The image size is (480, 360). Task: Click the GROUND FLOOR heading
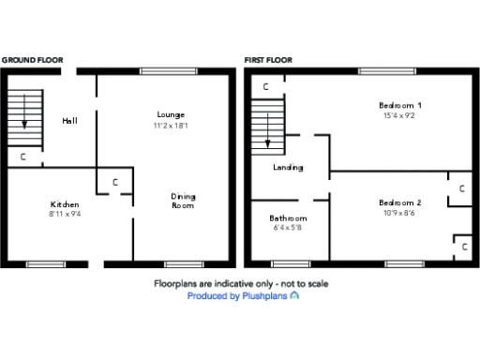[33, 60]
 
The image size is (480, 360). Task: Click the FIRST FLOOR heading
[268, 60]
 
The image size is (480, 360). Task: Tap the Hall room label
[70, 121]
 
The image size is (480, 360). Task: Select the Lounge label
[171, 114]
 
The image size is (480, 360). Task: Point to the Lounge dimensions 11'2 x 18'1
[171, 125]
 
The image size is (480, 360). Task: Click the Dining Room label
[183, 201]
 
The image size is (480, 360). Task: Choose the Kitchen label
[65, 204]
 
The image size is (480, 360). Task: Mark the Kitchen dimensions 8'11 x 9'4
[65, 215]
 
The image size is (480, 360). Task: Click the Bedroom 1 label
[399, 105]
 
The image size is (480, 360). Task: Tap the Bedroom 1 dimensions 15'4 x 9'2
[399, 116]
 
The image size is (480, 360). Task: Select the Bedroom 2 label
[399, 202]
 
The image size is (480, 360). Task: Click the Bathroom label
[288, 217]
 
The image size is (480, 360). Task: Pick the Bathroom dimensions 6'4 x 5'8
[288, 228]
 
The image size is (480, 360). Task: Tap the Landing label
[288, 168]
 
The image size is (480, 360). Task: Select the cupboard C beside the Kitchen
[114, 183]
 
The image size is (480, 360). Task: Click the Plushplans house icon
[294, 296]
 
